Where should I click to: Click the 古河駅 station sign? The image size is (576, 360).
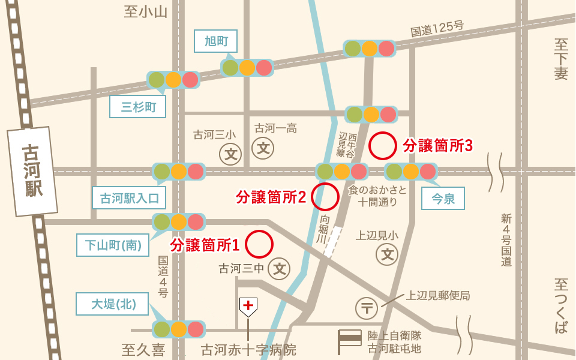click(33, 172)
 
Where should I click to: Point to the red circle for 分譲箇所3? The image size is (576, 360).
click(382, 145)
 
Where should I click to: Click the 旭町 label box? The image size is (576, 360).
click(216, 41)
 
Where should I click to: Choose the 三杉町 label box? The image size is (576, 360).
click(138, 107)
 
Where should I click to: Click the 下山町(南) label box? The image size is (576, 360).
click(113, 245)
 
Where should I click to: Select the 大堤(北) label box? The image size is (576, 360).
click(113, 304)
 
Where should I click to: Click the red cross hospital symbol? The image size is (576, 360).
click(248, 306)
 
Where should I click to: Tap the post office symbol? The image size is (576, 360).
click(367, 308)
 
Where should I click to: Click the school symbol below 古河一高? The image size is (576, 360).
click(263, 147)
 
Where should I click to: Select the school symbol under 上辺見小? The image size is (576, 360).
click(387, 254)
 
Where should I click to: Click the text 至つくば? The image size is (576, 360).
click(561, 305)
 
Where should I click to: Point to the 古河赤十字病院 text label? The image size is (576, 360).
click(248, 349)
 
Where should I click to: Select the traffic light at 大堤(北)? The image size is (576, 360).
click(179, 329)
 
